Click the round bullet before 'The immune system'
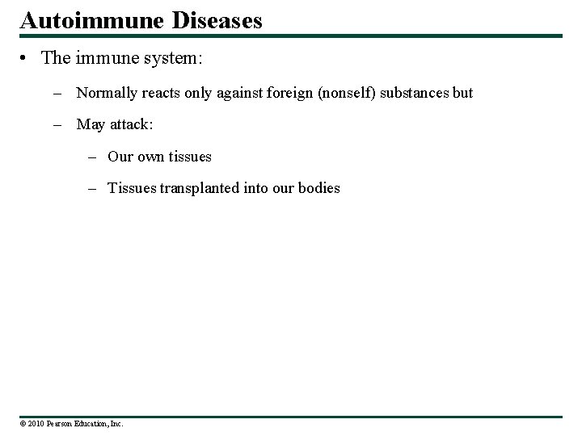[27, 60]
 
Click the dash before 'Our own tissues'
[93, 156]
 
